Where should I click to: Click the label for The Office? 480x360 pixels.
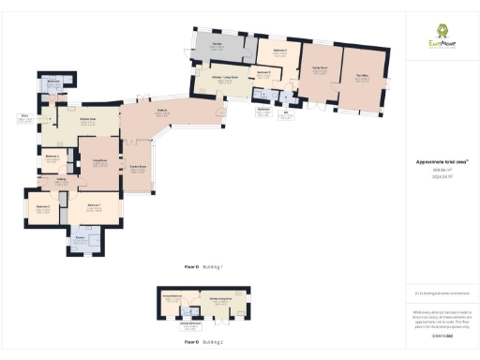tap(362, 78)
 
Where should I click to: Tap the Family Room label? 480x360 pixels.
tap(320, 70)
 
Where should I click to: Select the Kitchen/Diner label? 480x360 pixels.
tap(88, 122)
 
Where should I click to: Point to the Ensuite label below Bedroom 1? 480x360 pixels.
tap(81, 241)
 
